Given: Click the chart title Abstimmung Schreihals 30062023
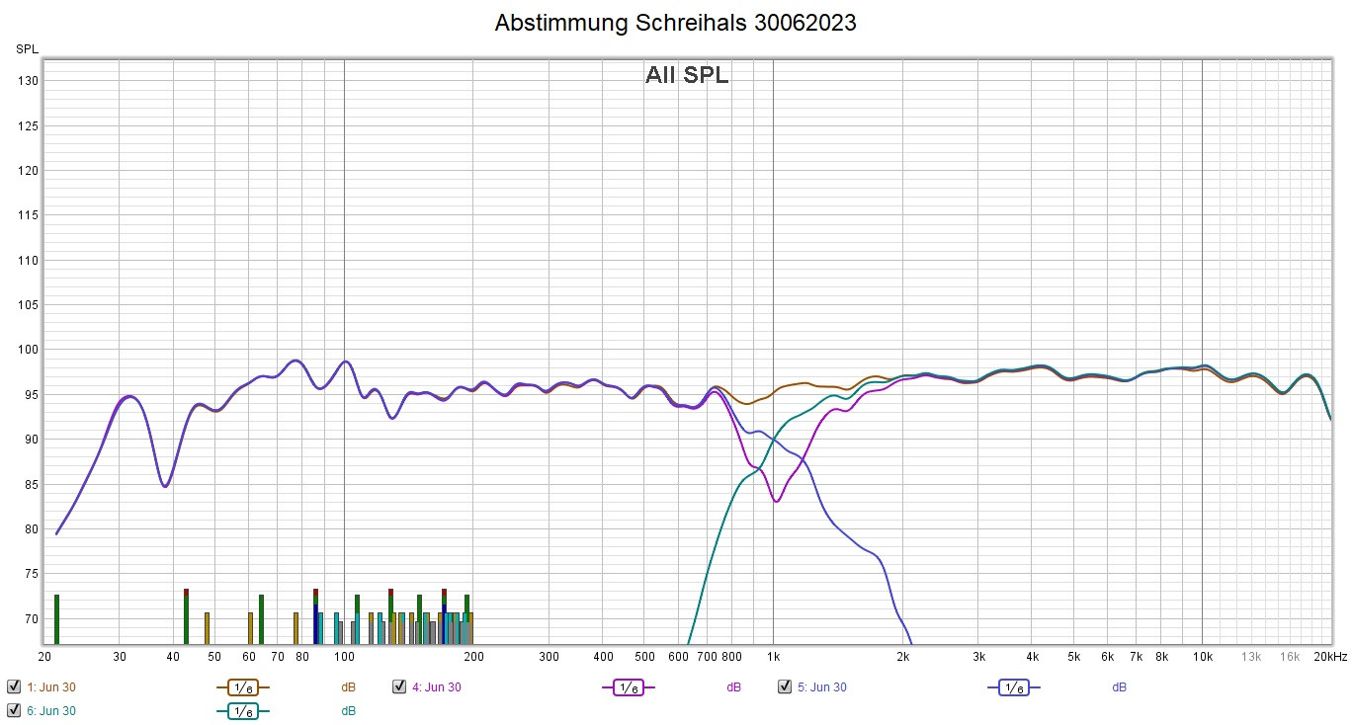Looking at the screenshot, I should point(676,23).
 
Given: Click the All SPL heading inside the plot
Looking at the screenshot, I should point(687,75).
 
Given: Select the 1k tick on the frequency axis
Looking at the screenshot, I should point(773,657).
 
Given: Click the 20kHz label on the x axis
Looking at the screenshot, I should point(1330,657).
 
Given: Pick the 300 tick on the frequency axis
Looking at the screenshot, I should point(549,657).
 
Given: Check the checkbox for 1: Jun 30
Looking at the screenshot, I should point(14,687).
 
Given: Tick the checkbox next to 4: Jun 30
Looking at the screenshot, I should point(399,687).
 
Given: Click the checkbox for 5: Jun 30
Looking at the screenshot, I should point(785,687).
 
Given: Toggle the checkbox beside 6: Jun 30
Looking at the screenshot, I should point(14,710).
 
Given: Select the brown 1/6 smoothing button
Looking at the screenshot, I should point(242,687).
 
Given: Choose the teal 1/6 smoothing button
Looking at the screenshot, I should point(242,710).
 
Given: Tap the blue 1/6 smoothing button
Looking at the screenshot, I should point(1013,687).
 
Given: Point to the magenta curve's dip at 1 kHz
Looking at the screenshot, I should point(777,501).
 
